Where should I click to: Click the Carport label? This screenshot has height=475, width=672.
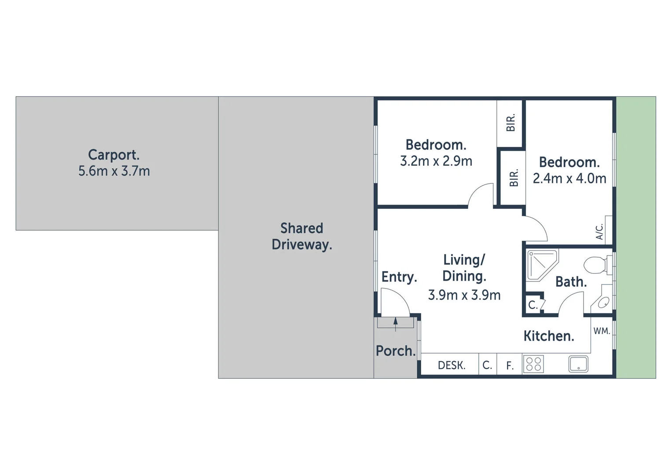[114, 155]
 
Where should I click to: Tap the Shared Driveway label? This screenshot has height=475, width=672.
[302, 236]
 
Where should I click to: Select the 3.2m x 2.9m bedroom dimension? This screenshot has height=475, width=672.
[436, 161]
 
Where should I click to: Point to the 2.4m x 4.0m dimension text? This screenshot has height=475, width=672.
[569, 178]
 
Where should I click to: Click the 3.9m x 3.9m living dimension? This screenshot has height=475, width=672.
[464, 295]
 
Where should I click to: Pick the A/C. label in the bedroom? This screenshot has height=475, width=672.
[599, 232]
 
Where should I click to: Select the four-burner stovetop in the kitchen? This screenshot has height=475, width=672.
[533, 364]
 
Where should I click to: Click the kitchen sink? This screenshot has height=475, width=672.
[578, 364]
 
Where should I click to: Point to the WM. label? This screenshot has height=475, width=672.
[602, 331]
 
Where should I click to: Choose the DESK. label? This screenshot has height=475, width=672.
[452, 365]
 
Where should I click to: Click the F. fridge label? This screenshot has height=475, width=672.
[510, 365]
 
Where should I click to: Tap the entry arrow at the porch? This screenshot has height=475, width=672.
[396, 324]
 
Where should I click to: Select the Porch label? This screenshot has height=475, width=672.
[396, 351]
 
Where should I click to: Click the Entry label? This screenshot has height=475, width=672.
[399, 277]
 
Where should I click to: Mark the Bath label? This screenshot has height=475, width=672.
[571, 282]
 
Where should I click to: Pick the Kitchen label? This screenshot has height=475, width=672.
[548, 336]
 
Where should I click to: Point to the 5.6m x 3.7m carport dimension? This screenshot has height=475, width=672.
[114, 171]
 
